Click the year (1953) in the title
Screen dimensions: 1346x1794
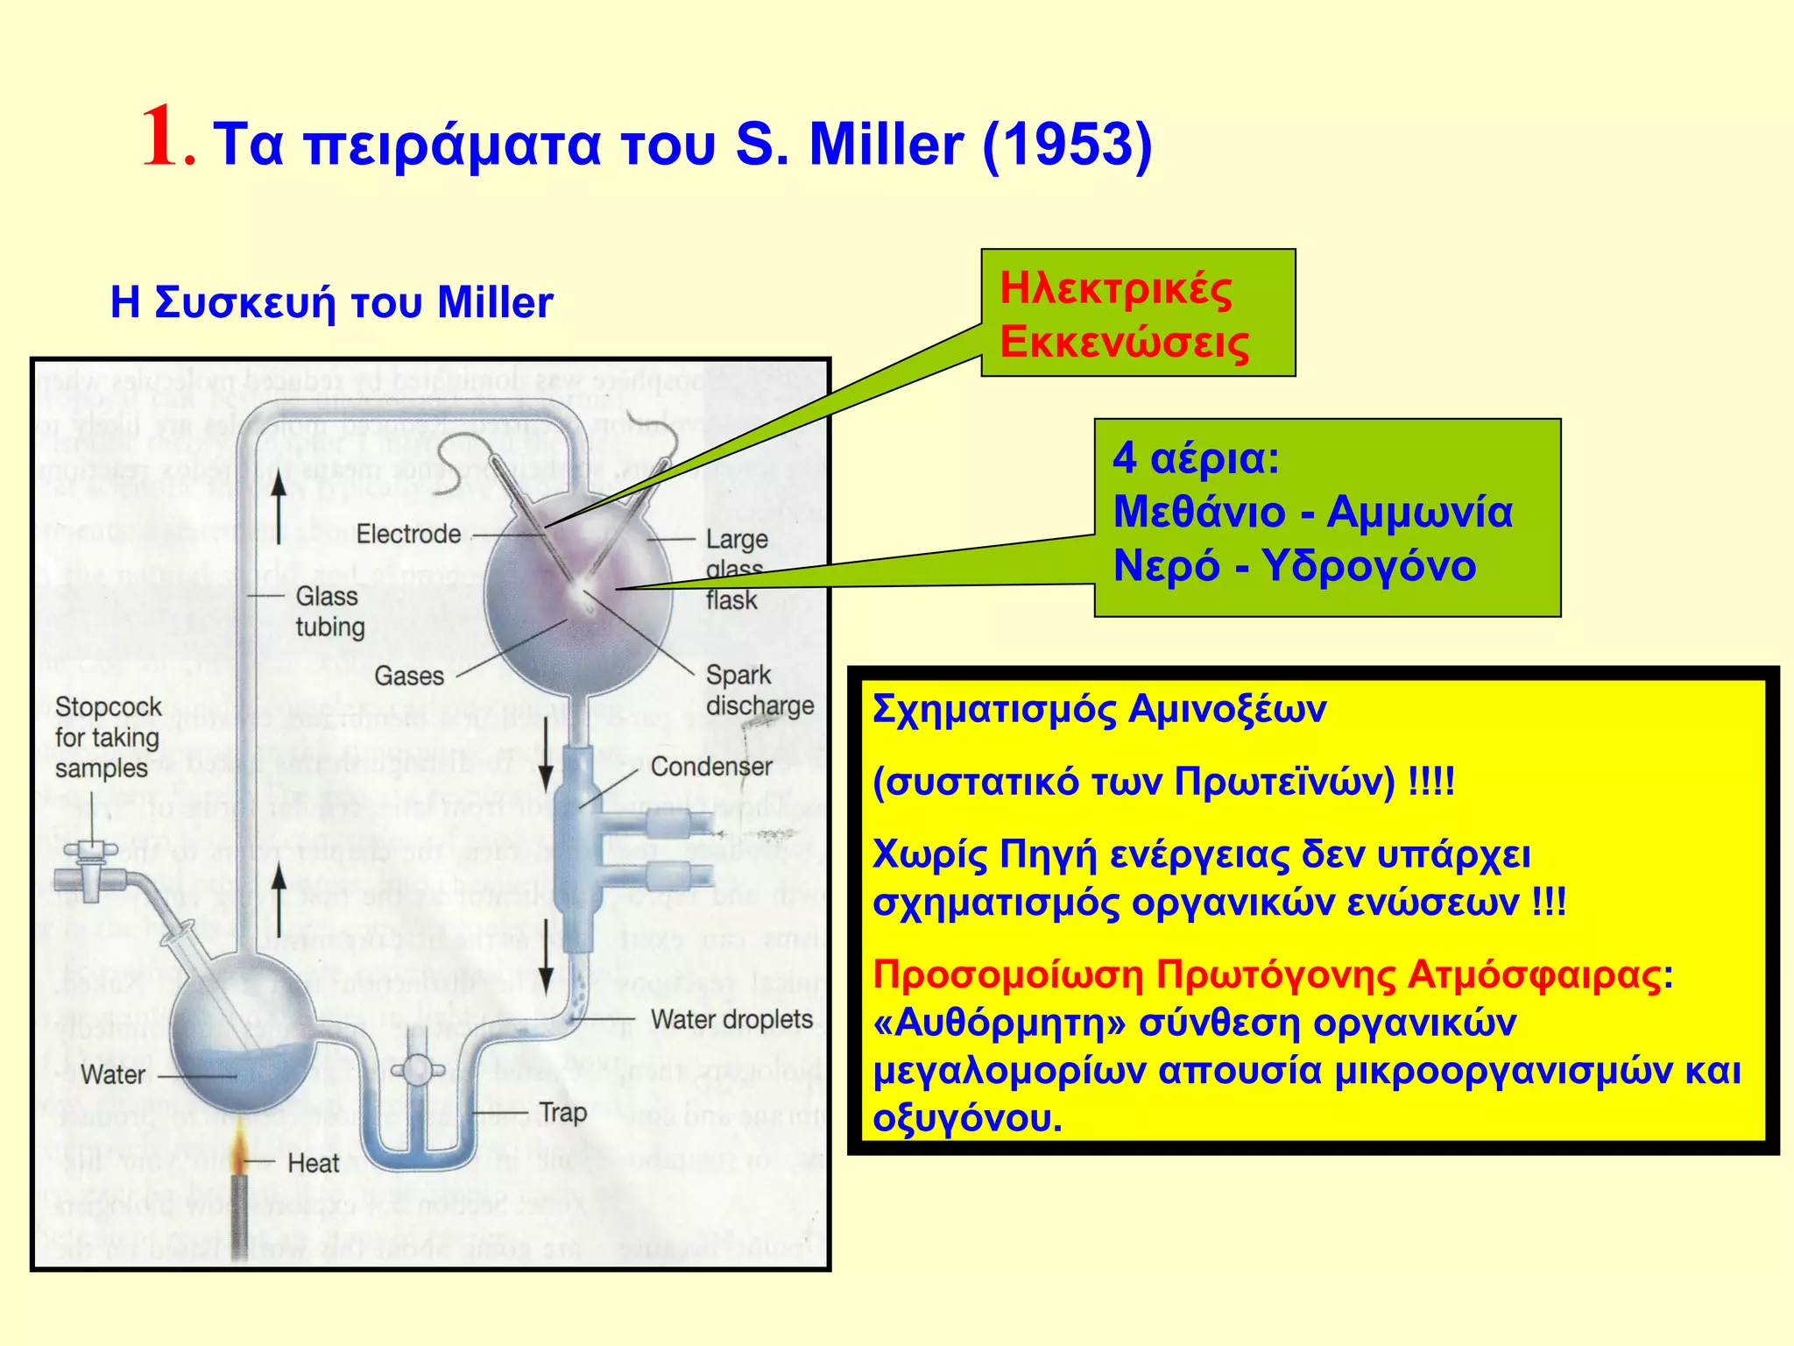(1067, 144)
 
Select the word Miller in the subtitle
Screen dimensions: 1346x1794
(495, 302)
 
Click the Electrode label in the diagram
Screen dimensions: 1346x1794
(407, 534)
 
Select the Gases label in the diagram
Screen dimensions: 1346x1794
(409, 677)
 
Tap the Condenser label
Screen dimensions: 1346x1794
(710, 767)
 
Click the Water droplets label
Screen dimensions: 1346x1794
(731, 1020)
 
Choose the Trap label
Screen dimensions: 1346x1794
(562, 1113)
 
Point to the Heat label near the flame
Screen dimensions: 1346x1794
(313, 1164)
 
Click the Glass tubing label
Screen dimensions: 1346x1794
(329, 612)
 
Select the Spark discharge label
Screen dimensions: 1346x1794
(759, 691)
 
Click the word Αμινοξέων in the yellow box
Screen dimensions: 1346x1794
(1226, 708)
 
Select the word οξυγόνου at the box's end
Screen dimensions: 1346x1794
(967, 1119)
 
